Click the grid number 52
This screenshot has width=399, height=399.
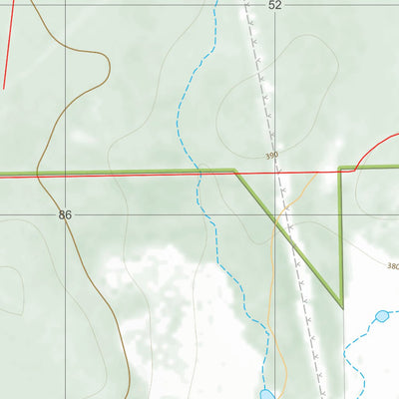pos(275,6)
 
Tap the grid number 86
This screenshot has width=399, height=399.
pos(66,214)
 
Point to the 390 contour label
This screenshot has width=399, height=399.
pos(272,156)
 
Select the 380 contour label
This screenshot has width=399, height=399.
pos(392,266)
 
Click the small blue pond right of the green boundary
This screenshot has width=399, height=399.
pos(381,316)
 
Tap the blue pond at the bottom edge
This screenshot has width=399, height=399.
pos(266,394)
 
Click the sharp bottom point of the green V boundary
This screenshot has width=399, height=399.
pos(341,305)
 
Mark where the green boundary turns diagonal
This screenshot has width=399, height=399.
pos(235,171)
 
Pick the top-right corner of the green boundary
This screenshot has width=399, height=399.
pos(341,168)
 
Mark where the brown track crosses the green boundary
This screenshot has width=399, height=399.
pos(39,174)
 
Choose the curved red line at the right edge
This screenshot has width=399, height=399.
pos(374,145)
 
